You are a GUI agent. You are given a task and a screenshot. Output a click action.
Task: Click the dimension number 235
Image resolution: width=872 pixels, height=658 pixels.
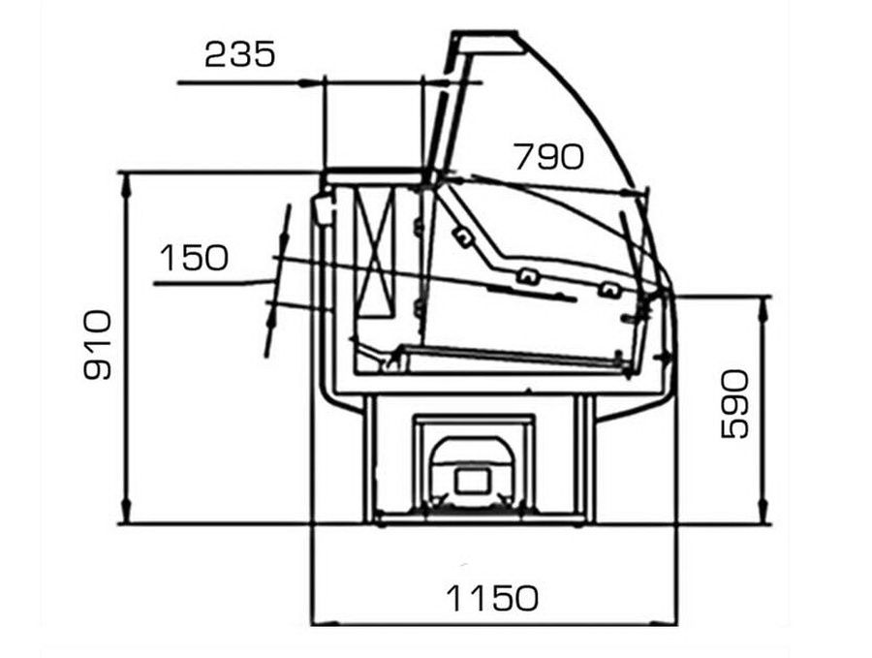tap(239, 54)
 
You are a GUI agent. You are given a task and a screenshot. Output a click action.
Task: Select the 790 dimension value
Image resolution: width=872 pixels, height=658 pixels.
tap(549, 156)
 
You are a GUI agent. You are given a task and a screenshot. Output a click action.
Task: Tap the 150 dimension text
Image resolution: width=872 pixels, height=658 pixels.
tap(194, 258)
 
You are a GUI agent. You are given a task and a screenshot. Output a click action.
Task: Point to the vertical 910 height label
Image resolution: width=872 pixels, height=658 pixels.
tap(98, 345)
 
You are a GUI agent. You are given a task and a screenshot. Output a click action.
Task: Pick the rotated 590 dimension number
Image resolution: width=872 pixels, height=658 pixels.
tap(734, 404)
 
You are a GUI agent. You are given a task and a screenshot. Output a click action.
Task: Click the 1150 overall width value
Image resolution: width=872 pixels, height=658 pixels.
tap(492, 598)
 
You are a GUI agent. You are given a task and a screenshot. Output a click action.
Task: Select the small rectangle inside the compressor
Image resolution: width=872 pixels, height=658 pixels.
tap(473, 481)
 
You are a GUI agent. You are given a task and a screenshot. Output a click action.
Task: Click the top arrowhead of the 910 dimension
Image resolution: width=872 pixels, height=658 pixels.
tap(126, 182)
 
